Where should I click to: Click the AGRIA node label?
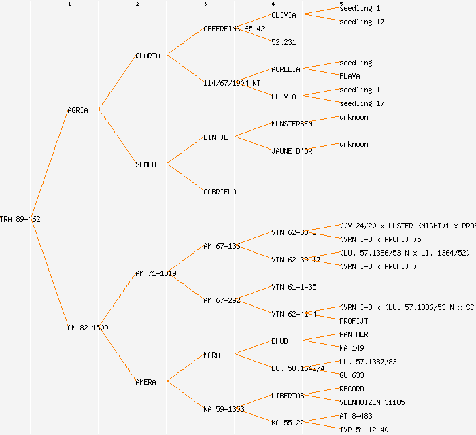78,110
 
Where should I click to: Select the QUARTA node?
148,56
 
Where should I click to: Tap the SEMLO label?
146,164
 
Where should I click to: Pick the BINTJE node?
216,137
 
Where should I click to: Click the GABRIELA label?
220,192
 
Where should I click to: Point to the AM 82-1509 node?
88,328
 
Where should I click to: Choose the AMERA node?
146,382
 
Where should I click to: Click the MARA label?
211,355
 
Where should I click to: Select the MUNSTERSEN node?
292,124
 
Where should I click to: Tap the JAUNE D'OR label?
292,151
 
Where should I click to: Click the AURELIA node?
286,69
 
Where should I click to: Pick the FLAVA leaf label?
350,76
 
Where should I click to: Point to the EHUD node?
279,341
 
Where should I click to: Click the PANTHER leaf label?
354,334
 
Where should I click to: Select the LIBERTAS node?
288,396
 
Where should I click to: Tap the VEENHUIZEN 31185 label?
372,402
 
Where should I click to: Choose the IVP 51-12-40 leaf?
364,430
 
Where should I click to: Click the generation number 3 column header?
205,5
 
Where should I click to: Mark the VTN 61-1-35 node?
294,287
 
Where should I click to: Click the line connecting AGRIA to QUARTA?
117,82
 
